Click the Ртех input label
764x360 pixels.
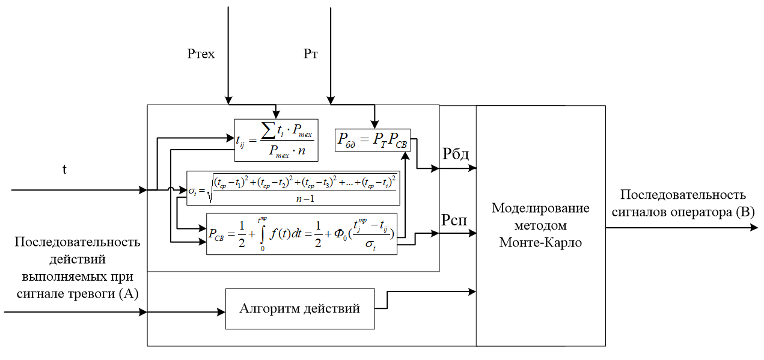click(x=201, y=55)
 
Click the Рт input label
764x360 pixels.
click(x=311, y=55)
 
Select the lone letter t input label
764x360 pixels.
click(x=64, y=169)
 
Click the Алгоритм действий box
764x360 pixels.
click(x=299, y=309)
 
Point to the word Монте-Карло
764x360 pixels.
click(x=541, y=243)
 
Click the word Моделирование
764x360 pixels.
click(x=541, y=208)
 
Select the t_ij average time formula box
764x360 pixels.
click(x=276, y=140)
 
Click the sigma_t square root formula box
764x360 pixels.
click(x=293, y=188)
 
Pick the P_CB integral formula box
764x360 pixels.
click(x=302, y=234)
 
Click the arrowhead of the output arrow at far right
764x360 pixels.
click(x=754, y=228)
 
